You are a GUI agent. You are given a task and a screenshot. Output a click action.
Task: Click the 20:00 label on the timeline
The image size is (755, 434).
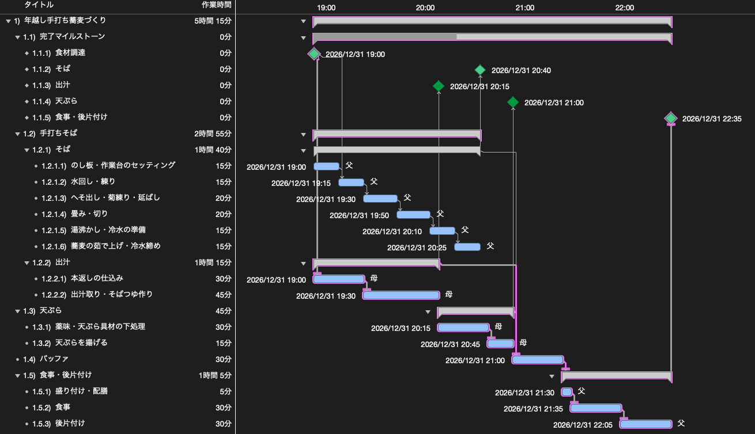click(x=425, y=7)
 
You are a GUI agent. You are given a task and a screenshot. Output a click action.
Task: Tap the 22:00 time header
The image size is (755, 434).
click(x=624, y=7)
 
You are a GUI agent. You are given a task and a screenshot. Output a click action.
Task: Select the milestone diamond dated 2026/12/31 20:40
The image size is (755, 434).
click(x=480, y=70)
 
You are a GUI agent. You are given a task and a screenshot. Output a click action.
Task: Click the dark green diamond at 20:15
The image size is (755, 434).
click(x=439, y=86)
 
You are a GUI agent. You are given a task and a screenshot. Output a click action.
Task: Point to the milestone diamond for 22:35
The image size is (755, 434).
click(x=671, y=119)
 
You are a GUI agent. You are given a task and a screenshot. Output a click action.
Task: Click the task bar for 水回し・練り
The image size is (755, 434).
click(x=351, y=182)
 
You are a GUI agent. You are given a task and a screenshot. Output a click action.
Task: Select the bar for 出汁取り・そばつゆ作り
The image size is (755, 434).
click(x=401, y=295)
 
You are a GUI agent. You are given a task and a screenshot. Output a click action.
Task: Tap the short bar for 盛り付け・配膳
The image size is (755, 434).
click(x=567, y=392)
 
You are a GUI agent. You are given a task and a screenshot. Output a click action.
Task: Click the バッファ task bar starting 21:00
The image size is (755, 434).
click(x=538, y=360)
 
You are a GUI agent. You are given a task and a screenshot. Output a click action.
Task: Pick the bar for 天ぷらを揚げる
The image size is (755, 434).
click(x=500, y=344)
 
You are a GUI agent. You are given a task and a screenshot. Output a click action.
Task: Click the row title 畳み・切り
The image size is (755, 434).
click(x=89, y=214)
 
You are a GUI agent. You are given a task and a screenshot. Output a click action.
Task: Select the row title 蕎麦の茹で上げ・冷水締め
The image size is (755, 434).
click(x=116, y=246)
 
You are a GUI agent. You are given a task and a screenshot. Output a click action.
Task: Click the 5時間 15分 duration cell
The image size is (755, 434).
click(x=213, y=21)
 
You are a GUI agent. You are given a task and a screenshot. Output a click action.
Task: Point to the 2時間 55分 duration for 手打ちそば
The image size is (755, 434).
click(x=213, y=134)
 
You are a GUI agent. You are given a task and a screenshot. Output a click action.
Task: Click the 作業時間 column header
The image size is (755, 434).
click(x=216, y=5)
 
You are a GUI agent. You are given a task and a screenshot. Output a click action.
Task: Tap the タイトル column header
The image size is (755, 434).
click(x=39, y=5)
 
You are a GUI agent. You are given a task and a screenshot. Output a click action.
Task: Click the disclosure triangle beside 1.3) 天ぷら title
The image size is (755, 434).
click(x=17, y=311)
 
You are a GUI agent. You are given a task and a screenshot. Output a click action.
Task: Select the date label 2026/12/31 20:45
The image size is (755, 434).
click(x=450, y=344)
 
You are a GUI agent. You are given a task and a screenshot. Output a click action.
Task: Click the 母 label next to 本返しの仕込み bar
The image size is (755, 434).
click(x=374, y=278)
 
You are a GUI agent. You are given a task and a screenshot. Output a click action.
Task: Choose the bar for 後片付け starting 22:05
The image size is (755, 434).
click(x=646, y=424)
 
